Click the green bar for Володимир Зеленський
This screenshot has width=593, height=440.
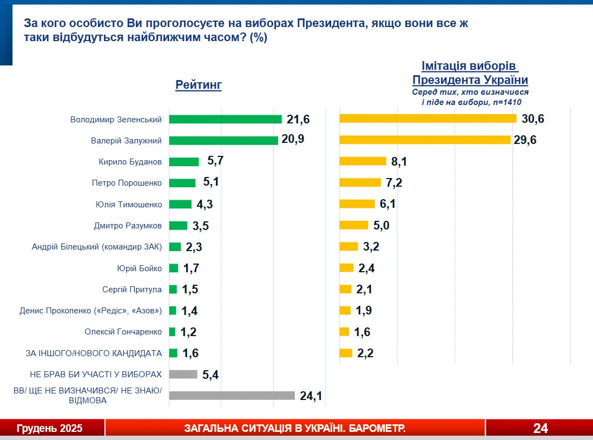(225, 119)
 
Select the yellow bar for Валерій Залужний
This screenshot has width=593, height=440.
(425, 140)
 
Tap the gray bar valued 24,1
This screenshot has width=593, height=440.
(232, 396)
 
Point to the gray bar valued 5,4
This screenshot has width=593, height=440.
(183, 375)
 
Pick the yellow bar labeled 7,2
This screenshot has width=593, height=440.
(360, 183)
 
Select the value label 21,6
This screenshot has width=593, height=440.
(298, 119)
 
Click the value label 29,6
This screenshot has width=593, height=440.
(524, 140)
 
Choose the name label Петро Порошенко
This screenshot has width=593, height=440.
(127, 183)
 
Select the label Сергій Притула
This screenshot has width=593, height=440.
(132, 290)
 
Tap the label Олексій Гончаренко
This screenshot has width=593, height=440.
(123, 332)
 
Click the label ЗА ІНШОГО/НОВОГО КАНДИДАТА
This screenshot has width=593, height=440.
(94, 353)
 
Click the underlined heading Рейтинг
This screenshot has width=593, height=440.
(199, 85)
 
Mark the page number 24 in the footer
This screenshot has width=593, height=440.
(540, 429)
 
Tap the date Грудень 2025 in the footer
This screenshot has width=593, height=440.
(50, 429)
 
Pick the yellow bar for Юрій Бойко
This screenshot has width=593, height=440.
(346, 268)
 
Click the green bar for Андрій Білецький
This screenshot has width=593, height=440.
(175, 247)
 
